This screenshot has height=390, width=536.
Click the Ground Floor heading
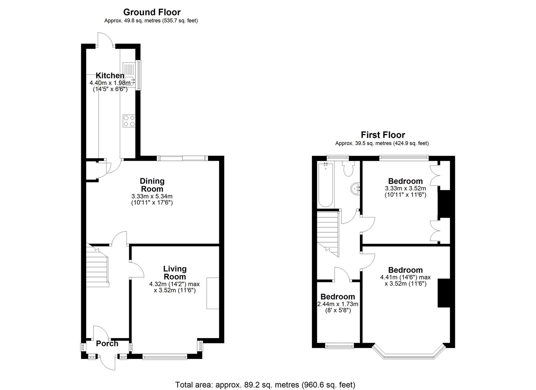click(152, 12)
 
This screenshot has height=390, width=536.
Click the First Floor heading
click(383, 135)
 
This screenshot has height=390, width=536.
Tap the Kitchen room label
click(110, 75)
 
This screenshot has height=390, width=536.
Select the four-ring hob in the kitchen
click(129, 121)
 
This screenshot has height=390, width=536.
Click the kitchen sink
click(129, 75)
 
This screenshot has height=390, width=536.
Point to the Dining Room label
click(152, 185)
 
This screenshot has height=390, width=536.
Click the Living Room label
click(175, 273)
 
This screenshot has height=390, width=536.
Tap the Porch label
click(107, 344)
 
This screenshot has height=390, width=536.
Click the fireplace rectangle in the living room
click(213, 293)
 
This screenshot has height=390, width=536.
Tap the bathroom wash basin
click(356, 188)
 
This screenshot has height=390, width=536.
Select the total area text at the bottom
click(265, 385)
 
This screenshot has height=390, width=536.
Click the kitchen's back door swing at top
click(105, 39)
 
